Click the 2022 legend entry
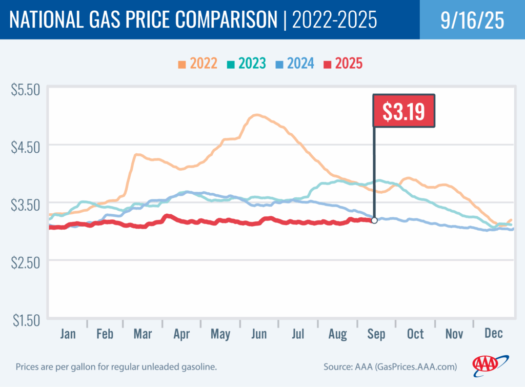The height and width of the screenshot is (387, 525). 198,64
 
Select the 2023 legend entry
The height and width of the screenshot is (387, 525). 246,64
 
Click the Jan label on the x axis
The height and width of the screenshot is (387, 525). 68,334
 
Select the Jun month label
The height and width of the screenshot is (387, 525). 259,334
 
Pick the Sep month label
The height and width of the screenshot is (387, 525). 376,334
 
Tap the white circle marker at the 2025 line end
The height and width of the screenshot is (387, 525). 374,220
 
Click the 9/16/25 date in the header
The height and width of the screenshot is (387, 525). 472,20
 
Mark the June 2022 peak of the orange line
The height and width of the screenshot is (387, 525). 256,115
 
